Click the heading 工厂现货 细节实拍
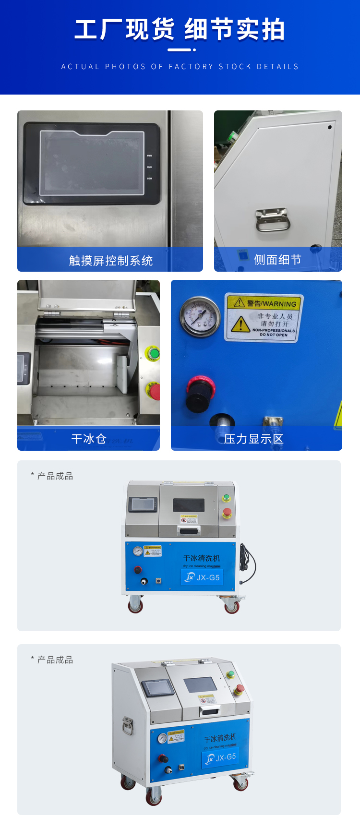[180, 30]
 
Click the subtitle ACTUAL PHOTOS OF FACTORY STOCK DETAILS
[180, 67]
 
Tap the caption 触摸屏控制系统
[111, 261]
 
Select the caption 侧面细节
[277, 260]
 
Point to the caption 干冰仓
[89, 439]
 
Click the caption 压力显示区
[253, 439]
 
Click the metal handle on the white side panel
[273, 220]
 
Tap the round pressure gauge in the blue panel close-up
[200, 316]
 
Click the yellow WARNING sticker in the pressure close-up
[264, 318]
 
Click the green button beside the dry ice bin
[154, 354]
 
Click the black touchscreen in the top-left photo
[92, 163]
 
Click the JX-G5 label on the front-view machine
[202, 577]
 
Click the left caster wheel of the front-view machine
[136, 605]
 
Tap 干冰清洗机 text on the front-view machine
[202, 558]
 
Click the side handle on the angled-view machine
[127, 725]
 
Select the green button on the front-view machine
[227, 497]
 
